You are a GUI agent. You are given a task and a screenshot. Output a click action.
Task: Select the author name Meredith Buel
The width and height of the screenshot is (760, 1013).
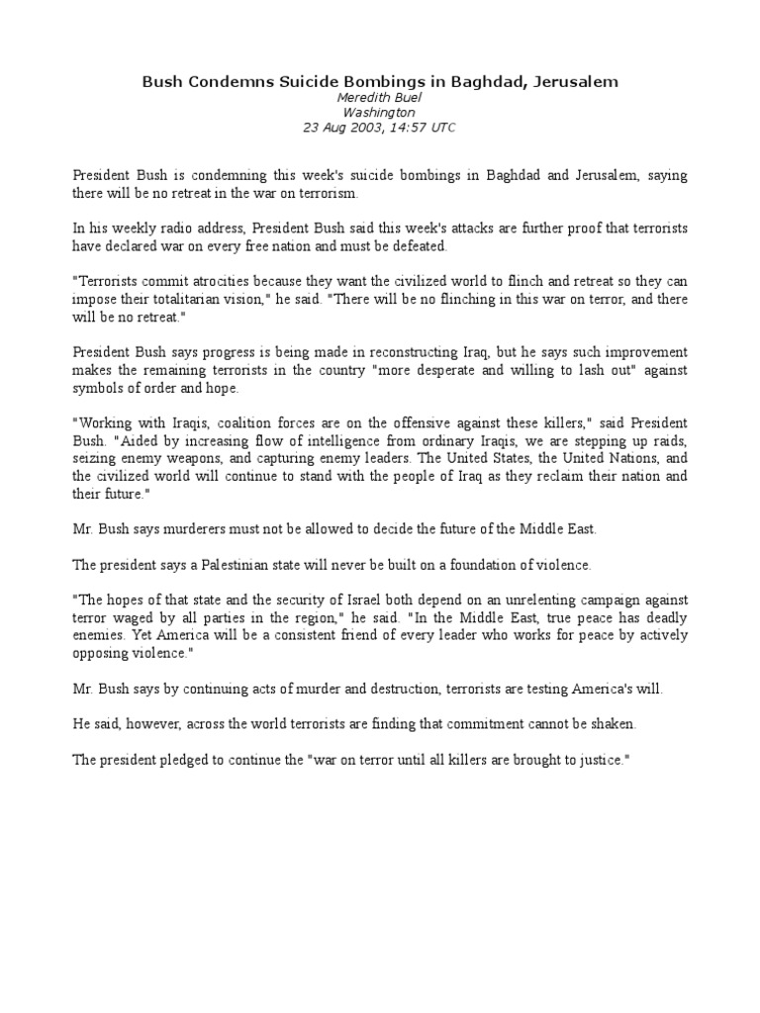pos(379,98)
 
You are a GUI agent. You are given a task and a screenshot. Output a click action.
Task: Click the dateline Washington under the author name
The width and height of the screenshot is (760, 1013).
pos(379,113)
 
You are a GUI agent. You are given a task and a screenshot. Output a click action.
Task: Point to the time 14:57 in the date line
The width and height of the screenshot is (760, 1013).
pos(403,128)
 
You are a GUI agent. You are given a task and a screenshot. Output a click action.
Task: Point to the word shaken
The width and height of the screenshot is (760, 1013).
pos(613,723)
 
